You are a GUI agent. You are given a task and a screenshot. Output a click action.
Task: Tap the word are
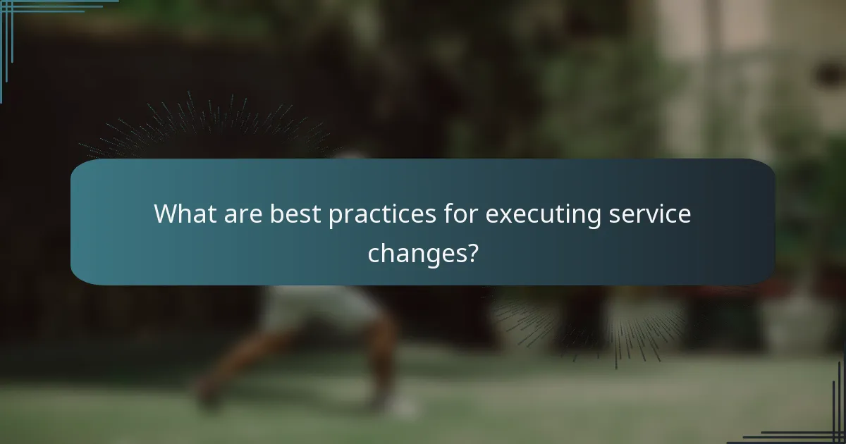coord(244,214)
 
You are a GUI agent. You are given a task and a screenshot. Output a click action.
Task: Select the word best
coord(295,214)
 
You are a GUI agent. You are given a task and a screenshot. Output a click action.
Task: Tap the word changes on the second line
coord(414,252)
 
